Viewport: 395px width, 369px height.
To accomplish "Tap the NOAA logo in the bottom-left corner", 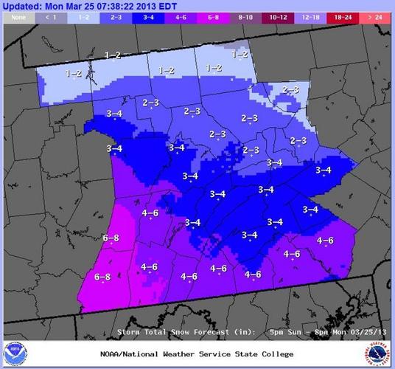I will [x=13, y=351].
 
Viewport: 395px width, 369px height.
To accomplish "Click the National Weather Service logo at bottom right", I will [x=380, y=351].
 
